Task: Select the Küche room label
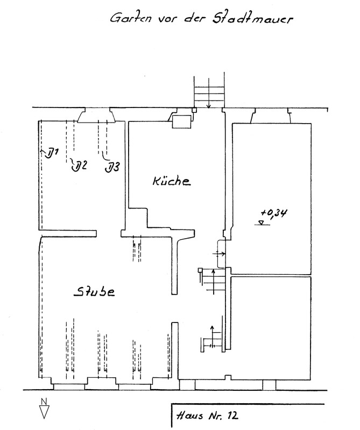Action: point(172,182)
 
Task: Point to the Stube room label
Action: point(95,292)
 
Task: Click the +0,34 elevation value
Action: point(274,213)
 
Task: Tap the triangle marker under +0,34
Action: point(262,223)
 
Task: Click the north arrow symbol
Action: point(44,412)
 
